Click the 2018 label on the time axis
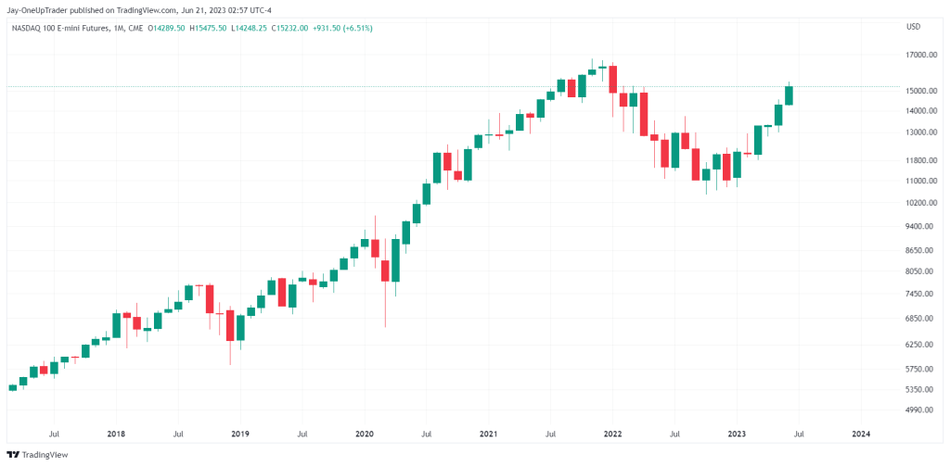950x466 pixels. pyautogui.click(x=116, y=434)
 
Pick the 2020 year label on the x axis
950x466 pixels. pyautogui.click(x=364, y=434)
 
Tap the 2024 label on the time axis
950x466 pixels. pyautogui.click(x=861, y=434)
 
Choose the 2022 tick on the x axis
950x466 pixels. pyautogui.click(x=612, y=434)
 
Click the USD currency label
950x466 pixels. pyautogui.click(x=913, y=27)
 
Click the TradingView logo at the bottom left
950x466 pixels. pyautogui.click(x=37, y=455)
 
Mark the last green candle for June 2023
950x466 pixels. pyautogui.click(x=789, y=95)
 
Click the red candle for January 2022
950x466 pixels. pyautogui.click(x=612, y=80)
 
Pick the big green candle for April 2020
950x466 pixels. pyautogui.click(x=395, y=260)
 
